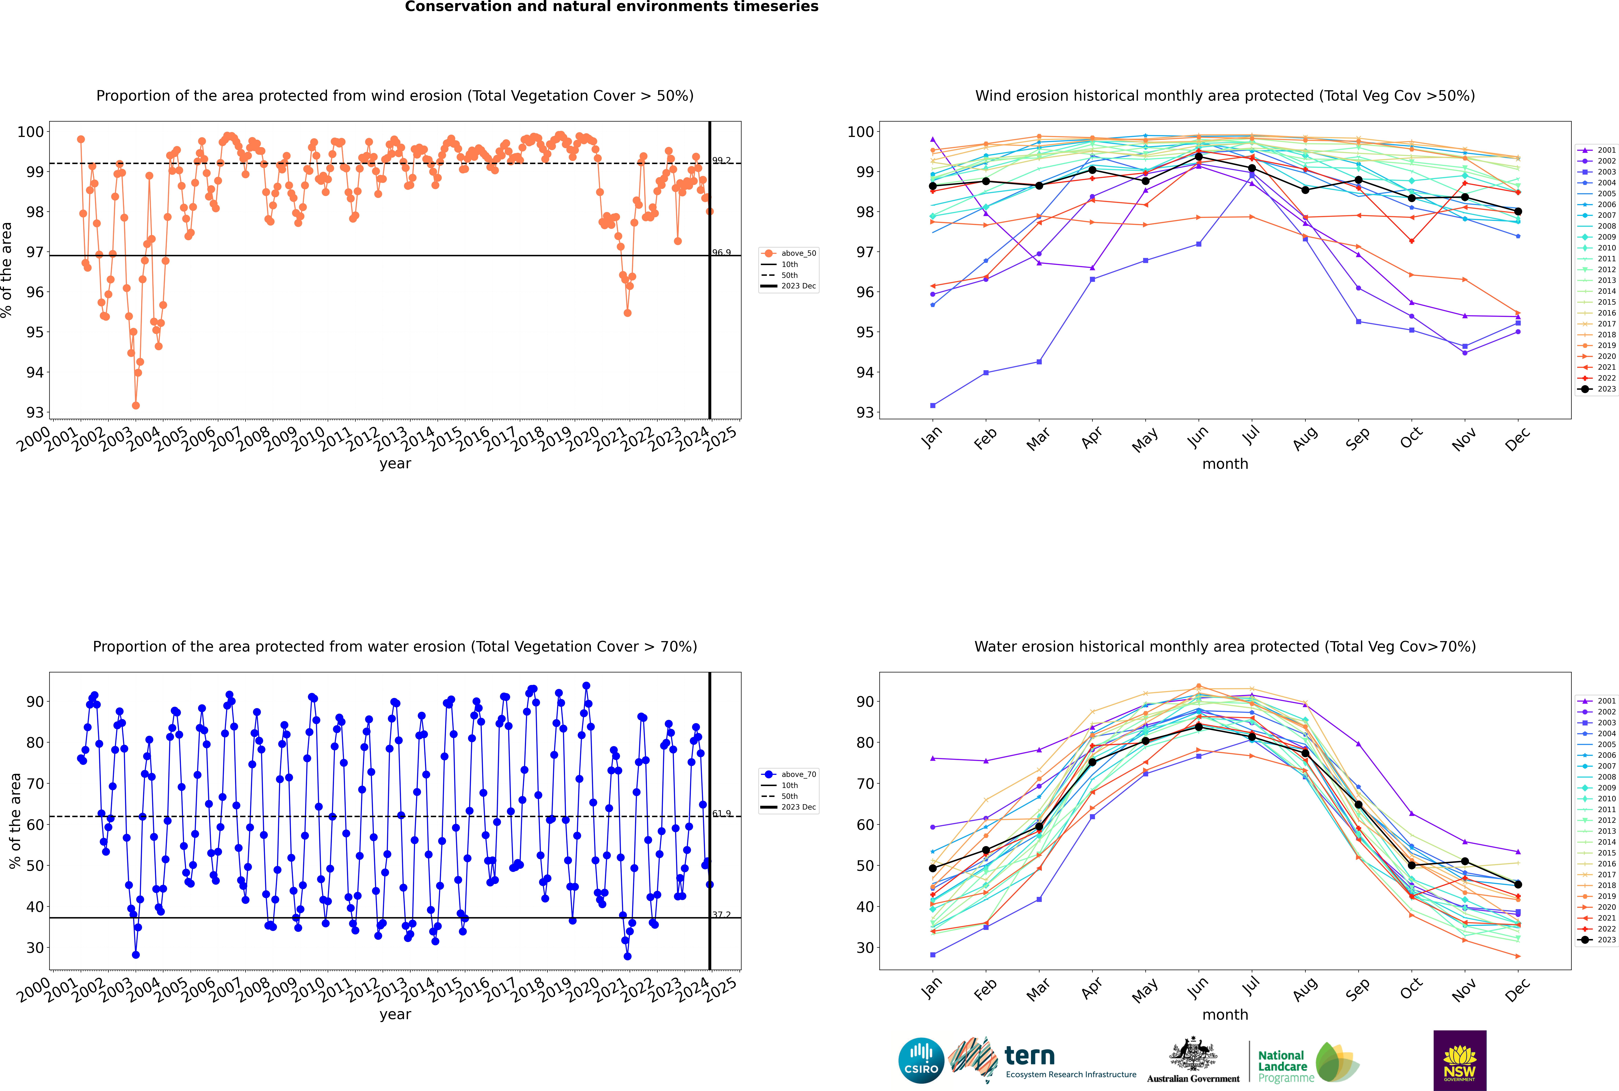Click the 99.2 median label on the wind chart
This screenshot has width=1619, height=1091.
click(721, 161)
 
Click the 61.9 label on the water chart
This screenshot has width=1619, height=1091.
click(721, 813)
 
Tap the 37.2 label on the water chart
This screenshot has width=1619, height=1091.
click(721, 915)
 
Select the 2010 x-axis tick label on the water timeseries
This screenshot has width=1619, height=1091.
click(307, 989)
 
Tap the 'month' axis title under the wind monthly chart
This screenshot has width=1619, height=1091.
click(1225, 464)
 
